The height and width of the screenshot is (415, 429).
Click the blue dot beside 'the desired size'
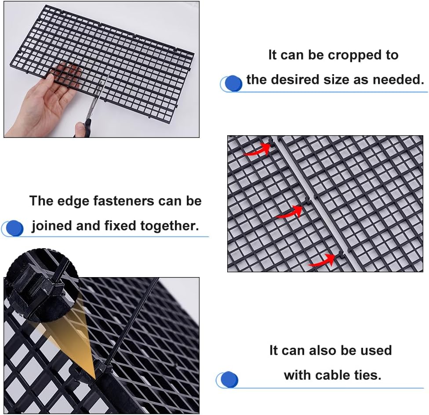tap(233, 83)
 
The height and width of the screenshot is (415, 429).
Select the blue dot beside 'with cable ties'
tap(229, 379)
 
